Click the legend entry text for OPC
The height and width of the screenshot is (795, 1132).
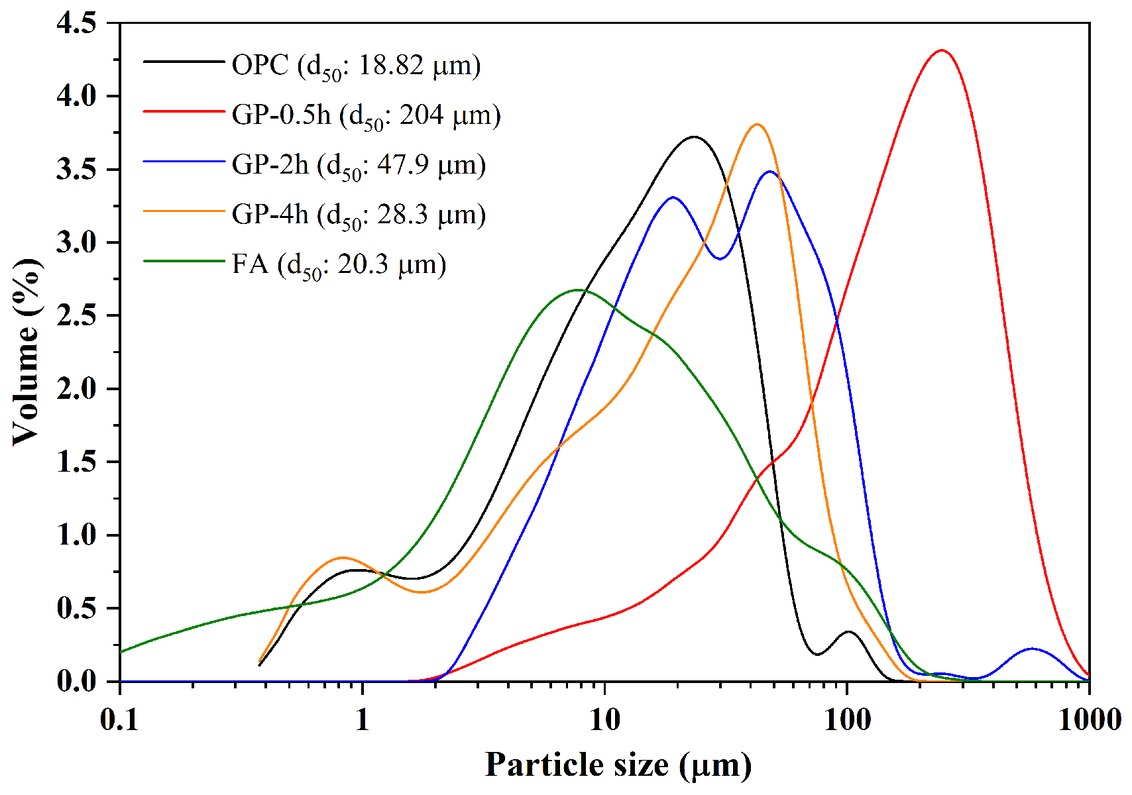[x=356, y=66]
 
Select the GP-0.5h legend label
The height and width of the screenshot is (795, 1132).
[x=366, y=115]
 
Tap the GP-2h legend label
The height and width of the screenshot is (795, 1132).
[x=359, y=165]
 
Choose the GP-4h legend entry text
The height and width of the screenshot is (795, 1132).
[x=359, y=215]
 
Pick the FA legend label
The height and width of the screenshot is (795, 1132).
[x=339, y=264]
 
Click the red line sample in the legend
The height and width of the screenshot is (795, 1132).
[x=184, y=111]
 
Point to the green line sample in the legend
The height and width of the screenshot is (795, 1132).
[x=184, y=260]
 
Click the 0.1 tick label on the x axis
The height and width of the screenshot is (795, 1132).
[x=120, y=719]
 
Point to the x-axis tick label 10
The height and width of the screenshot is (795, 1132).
[x=604, y=719]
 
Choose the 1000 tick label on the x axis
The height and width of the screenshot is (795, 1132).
[x=1089, y=719]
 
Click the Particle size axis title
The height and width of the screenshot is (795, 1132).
[x=618, y=765]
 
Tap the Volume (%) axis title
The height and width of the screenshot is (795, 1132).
[x=27, y=352]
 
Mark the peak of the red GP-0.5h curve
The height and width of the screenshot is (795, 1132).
[x=942, y=50]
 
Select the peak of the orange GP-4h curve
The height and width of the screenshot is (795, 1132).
[x=757, y=125]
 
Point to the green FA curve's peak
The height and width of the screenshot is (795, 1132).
[x=578, y=290]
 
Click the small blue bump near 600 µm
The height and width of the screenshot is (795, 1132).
[x=1032, y=649]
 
